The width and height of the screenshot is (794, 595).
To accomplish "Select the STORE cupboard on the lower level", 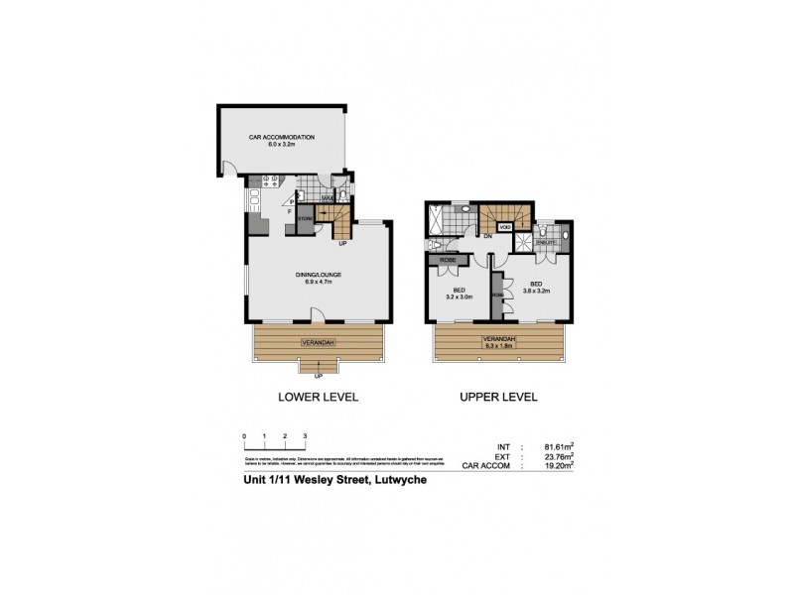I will coord(305,218).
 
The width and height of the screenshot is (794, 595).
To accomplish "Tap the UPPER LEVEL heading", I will coord(497,397).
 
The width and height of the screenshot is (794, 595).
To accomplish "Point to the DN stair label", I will coord(488,237).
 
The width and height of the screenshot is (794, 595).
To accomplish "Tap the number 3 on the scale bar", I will coord(306,437).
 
